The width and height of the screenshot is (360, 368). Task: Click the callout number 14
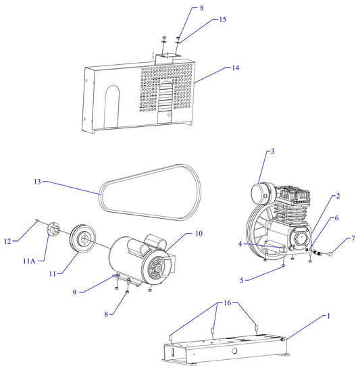pyautogui.click(x=236, y=68)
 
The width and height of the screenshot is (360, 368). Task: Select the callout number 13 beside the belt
pyautogui.click(x=38, y=182)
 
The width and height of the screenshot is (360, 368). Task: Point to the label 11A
pyautogui.click(x=30, y=261)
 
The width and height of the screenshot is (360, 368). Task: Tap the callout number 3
pyautogui.click(x=272, y=152)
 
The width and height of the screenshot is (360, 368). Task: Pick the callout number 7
pyautogui.click(x=352, y=239)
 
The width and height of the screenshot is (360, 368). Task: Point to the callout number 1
pyautogui.click(x=330, y=315)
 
